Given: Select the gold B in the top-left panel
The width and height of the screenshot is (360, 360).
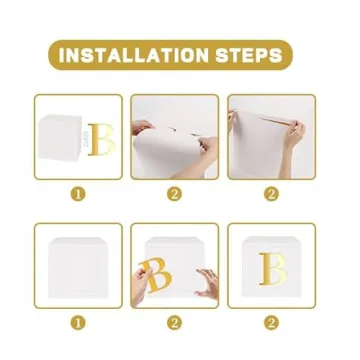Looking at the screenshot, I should pos(99,141).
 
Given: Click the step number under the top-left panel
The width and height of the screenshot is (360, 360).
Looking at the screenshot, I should pos(77,194).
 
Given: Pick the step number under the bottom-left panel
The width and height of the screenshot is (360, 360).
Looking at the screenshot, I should pos(77,322).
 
